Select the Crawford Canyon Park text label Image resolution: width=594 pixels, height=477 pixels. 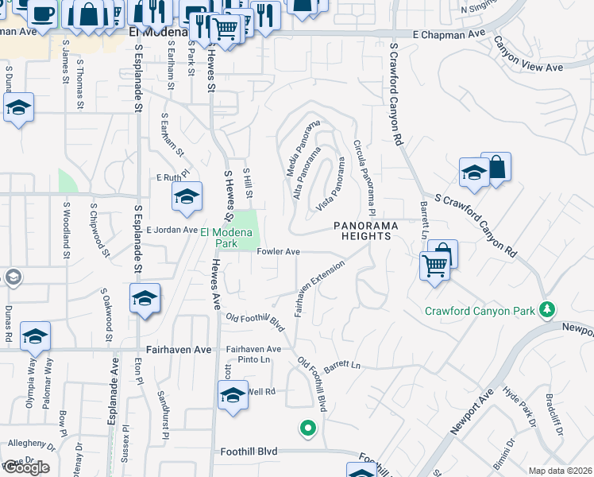480,311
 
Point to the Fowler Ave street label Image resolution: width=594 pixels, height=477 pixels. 278,252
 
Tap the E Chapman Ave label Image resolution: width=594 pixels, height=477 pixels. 449,35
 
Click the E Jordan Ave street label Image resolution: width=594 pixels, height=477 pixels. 171,230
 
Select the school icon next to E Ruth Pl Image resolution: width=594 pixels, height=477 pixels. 187,196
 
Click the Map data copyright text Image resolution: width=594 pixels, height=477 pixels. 561,471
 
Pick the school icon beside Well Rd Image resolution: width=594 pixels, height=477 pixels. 233,395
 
